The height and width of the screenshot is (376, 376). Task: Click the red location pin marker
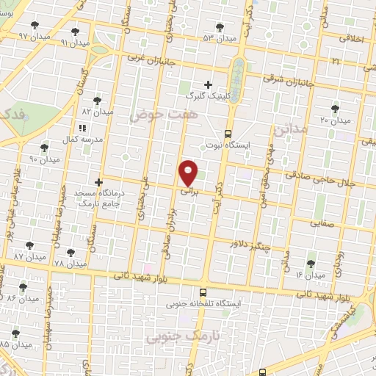(189, 173)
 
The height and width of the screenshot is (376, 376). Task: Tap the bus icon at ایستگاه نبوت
(228, 134)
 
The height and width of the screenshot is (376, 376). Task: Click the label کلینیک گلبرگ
(208, 96)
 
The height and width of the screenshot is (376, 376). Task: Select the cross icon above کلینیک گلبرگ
(208, 84)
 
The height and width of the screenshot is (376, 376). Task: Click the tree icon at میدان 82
(98, 101)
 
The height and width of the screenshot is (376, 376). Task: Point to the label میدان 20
(336, 119)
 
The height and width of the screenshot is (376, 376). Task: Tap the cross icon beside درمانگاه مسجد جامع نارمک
(98, 181)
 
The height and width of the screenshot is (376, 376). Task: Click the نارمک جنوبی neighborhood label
(174, 336)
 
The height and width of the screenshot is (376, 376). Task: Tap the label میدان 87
(29, 258)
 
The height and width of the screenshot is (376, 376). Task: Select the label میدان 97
(33, 35)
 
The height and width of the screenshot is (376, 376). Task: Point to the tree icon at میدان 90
(46, 148)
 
